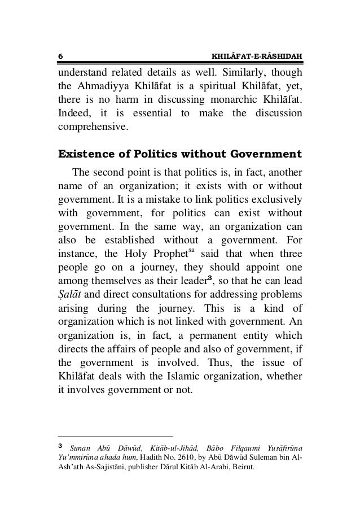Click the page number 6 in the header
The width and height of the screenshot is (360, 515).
(x=60, y=56)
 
